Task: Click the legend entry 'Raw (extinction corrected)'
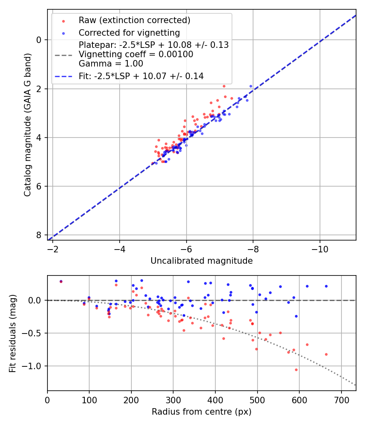(134, 20)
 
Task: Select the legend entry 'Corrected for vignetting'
(129, 32)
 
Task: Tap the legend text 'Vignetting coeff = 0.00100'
(136, 54)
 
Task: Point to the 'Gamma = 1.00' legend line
(111, 64)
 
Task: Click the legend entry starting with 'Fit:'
(141, 76)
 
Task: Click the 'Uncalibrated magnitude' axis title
(202, 261)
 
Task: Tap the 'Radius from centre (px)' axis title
(202, 412)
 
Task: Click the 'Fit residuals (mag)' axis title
(13, 333)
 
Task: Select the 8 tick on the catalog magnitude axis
(39, 235)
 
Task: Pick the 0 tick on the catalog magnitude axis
(39, 40)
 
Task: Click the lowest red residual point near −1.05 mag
(296, 370)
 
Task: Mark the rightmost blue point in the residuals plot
(326, 286)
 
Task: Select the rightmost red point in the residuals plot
(326, 354)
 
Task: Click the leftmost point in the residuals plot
(61, 281)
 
